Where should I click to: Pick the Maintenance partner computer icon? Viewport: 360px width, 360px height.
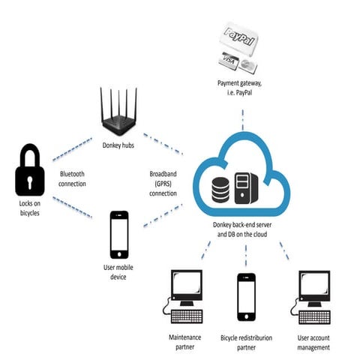[184, 295]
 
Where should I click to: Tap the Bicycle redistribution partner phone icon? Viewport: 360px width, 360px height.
[247, 296]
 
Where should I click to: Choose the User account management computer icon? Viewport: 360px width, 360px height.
[312, 295]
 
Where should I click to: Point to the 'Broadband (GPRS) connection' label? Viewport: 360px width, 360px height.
[163, 183]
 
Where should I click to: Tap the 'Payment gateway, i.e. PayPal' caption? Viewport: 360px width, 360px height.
[244, 88]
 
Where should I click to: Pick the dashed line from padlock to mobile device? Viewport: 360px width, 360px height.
[75, 208]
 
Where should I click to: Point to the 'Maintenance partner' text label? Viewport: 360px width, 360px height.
[184, 342]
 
